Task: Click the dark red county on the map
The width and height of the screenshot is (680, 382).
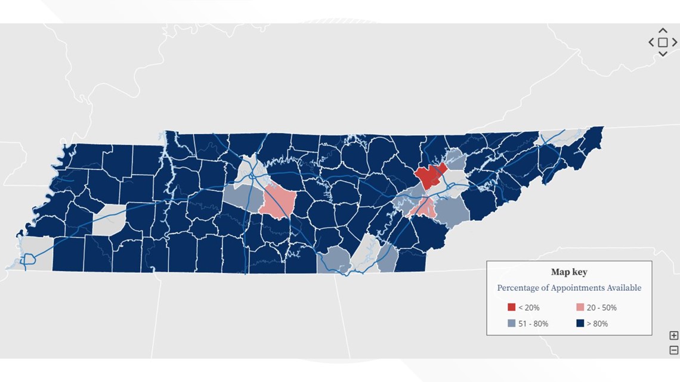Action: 428,177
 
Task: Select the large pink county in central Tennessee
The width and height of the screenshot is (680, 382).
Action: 277,201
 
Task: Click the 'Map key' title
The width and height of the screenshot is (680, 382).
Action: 569,272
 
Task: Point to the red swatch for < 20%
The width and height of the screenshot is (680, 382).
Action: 511,308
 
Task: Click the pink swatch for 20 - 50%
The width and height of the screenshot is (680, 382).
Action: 580,308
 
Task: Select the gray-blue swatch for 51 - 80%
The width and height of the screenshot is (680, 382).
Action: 511,324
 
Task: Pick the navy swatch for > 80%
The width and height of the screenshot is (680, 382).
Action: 580,324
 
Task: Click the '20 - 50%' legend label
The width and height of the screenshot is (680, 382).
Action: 601,308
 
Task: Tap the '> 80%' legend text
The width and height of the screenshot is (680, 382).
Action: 597,324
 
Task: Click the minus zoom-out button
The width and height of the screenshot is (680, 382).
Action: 673,350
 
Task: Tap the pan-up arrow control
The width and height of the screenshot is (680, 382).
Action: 663,30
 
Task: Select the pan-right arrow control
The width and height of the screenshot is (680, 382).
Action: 675,42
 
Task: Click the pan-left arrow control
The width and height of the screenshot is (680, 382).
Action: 651,42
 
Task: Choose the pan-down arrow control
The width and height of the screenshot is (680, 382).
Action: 663,54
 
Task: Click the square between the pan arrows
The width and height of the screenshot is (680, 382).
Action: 663,42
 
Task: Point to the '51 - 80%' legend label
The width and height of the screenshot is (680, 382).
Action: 533,324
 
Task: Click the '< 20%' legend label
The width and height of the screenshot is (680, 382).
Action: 528,308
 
